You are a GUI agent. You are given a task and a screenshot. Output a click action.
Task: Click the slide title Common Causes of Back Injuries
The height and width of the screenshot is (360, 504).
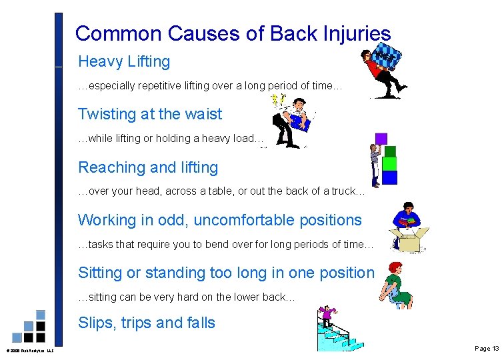pyautogui.click(x=233, y=33)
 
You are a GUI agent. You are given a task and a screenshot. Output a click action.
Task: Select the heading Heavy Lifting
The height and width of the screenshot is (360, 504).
pyautogui.click(x=124, y=62)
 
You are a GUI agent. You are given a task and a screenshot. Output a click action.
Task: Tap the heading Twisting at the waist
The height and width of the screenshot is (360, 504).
pyautogui.click(x=150, y=114)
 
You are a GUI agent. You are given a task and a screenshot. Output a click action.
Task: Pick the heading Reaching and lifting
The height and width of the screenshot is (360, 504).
pyautogui.click(x=148, y=167)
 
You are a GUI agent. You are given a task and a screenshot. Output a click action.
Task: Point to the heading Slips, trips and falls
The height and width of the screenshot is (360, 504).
pyautogui.click(x=147, y=323)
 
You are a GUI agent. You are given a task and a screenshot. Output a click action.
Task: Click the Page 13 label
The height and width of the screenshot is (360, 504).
pyautogui.click(x=486, y=349)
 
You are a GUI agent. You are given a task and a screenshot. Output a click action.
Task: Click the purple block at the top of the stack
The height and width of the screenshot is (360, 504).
pyautogui.click(x=381, y=139)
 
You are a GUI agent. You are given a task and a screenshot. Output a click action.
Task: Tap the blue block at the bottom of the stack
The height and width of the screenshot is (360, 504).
pyautogui.click(x=389, y=177)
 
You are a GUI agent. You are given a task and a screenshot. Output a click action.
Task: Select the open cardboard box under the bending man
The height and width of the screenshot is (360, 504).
pyautogui.click(x=410, y=240)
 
